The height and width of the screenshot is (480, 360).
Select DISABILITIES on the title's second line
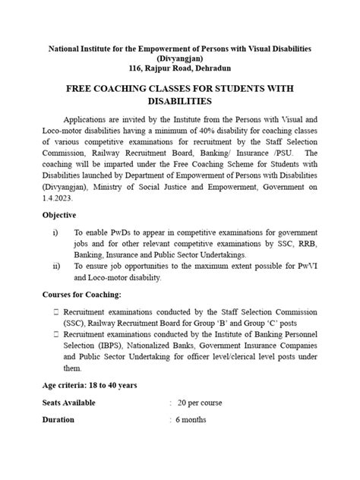180,101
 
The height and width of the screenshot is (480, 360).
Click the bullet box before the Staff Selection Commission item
57,312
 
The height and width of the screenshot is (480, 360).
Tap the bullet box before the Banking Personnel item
57,334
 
